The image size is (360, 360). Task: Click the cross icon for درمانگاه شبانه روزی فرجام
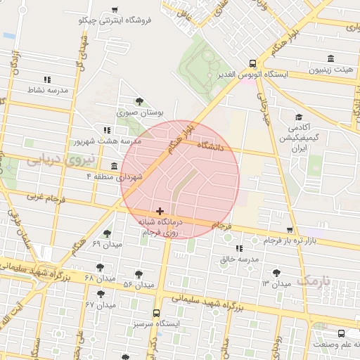click(x=160, y=211)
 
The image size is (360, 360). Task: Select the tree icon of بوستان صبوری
click(x=139, y=101)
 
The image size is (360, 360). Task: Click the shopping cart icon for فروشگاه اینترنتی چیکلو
click(x=115, y=10)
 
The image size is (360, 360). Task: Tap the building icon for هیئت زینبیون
click(x=330, y=59)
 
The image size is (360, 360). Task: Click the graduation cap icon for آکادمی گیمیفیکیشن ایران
click(x=299, y=117)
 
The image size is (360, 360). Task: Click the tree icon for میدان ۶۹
click(x=107, y=233)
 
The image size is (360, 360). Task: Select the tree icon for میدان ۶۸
click(x=100, y=267)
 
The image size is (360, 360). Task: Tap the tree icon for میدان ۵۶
click(x=139, y=274)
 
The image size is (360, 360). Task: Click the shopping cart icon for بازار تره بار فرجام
click(x=290, y=230)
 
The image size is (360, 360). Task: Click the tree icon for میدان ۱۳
click(x=276, y=272)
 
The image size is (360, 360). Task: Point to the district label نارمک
click(x=314, y=280)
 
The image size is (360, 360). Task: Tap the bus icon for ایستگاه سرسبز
click(x=156, y=314)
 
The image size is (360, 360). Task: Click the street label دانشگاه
click(x=211, y=146)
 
